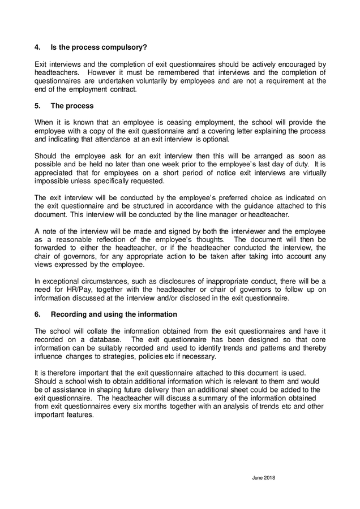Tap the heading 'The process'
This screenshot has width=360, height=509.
[x=72, y=106]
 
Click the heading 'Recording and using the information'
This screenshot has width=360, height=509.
[x=114, y=314]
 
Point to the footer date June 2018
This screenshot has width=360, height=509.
[x=263, y=477]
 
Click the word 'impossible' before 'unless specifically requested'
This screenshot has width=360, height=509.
[x=52, y=182]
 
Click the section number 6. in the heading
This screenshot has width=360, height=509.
[x=38, y=314]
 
